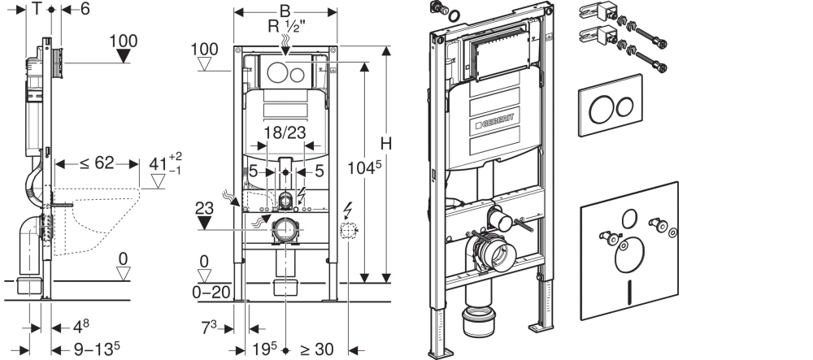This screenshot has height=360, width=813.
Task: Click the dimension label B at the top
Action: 284,11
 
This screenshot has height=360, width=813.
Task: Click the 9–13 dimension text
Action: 92,349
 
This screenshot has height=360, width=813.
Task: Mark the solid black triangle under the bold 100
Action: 124,56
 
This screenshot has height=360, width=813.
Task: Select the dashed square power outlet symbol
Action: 350,233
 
